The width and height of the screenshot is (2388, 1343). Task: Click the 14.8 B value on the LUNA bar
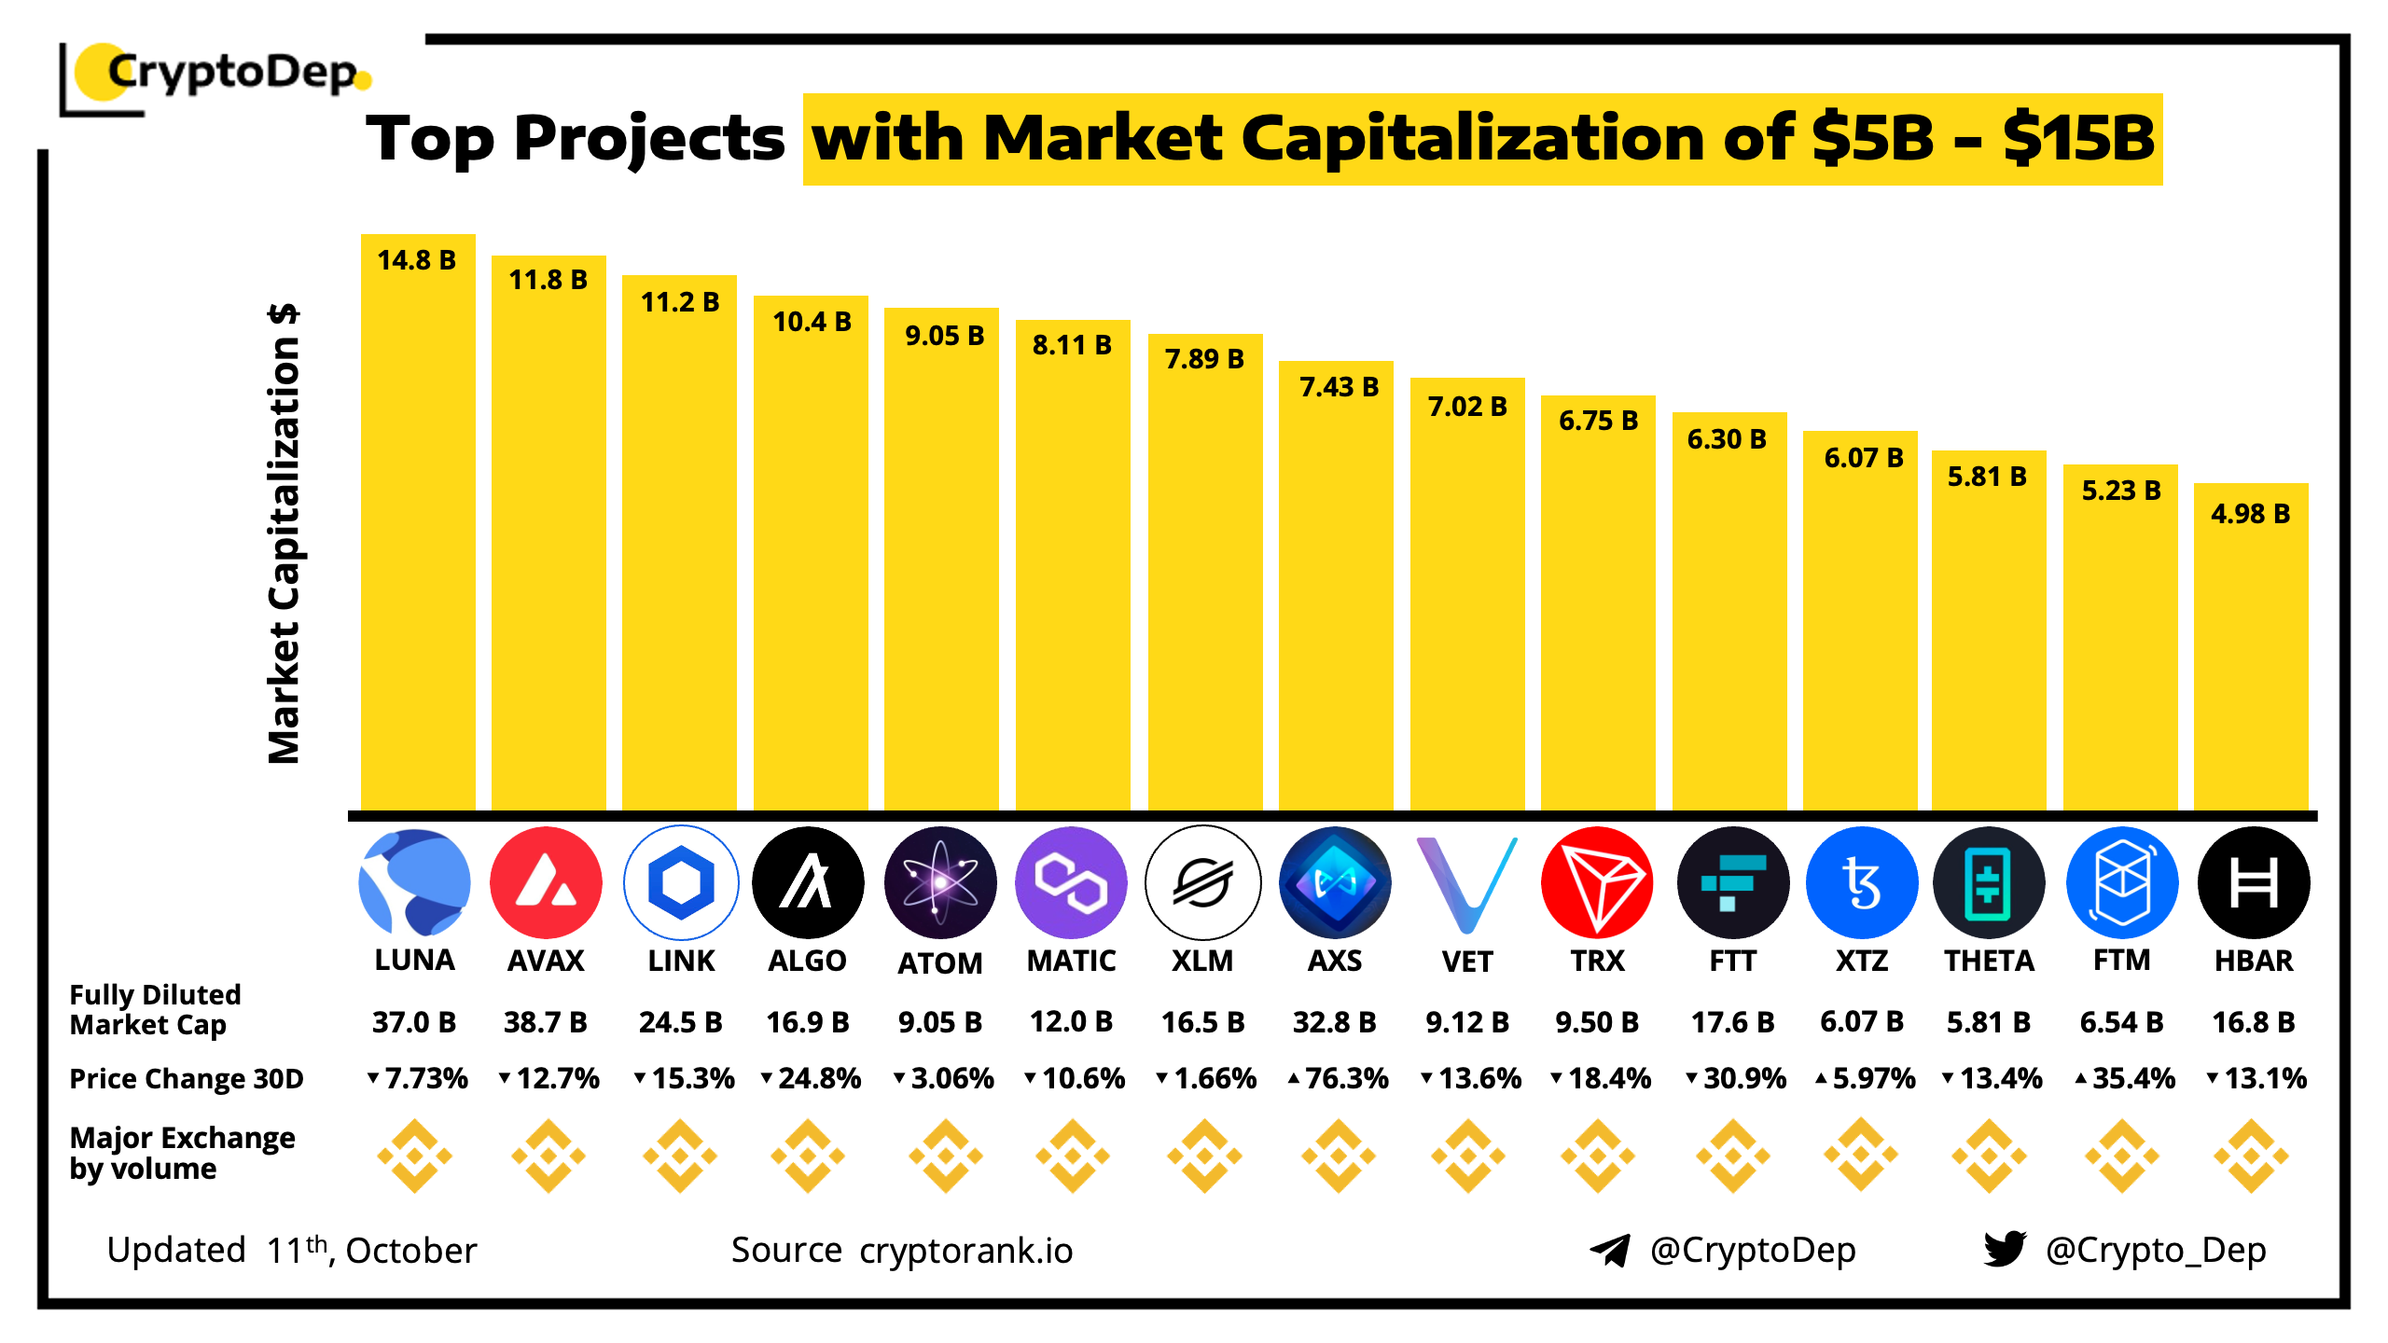[416, 260]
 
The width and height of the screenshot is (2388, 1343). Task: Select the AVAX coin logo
[546, 882]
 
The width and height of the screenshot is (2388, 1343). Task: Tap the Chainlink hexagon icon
[681, 882]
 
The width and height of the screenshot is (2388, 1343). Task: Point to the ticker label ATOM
[940, 962]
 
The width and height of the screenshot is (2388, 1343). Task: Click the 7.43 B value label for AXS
[1339, 387]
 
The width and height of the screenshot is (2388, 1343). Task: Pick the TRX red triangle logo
[1597, 882]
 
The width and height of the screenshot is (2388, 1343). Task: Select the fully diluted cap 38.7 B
[546, 1022]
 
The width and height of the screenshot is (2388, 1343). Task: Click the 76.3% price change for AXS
[1339, 1078]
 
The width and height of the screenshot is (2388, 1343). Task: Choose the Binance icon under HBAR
[2252, 1156]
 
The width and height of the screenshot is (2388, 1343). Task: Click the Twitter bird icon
[2005, 1249]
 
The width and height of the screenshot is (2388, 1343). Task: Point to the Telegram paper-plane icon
[1609, 1250]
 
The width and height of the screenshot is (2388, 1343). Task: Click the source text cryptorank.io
[966, 1251]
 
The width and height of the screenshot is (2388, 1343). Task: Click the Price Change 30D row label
[187, 1078]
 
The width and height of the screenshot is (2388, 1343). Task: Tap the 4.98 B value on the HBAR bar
[2250, 514]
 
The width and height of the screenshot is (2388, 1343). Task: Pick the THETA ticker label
[1989, 961]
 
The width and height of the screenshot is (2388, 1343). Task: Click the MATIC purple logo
[1071, 882]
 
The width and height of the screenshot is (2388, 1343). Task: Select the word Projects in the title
[649, 138]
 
